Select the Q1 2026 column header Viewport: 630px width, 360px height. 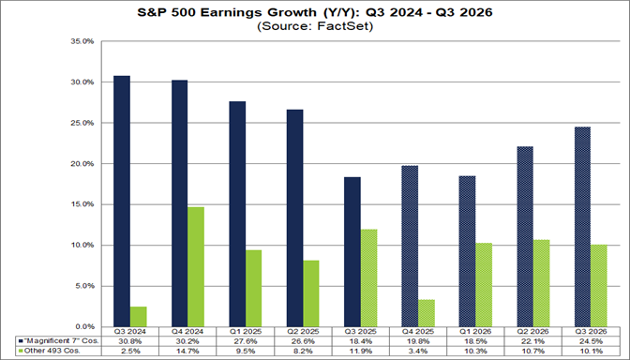pos(476,330)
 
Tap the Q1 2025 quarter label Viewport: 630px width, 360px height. pos(246,330)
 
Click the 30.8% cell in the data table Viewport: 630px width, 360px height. pos(130,340)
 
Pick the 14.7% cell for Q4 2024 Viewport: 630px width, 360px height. pos(187,351)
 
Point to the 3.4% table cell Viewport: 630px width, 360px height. pos(418,351)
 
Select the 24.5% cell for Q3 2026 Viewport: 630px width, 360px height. pos(592,340)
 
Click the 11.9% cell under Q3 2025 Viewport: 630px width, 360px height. pos(361,351)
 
